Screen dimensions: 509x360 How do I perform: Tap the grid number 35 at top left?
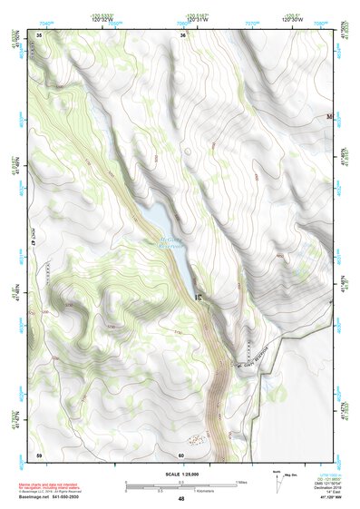[39, 35]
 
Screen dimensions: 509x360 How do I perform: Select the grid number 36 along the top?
[183, 35]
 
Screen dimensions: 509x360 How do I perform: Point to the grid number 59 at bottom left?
[39, 454]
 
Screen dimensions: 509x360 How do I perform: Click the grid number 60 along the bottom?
[181, 454]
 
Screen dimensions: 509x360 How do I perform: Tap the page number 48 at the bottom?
[180, 500]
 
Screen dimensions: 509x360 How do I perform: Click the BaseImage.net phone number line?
[47, 498]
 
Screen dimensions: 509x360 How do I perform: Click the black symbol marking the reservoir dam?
[198, 294]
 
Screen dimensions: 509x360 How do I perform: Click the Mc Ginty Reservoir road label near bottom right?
[253, 362]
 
